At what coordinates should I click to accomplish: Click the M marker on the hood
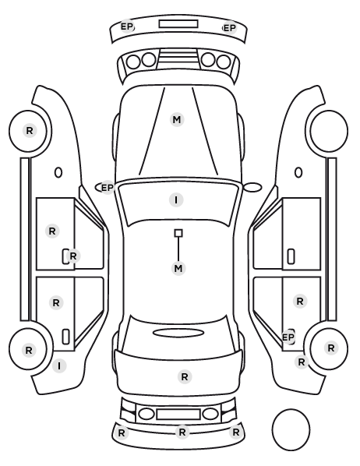coord(177,119)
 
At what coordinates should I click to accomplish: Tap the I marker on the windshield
coord(176,199)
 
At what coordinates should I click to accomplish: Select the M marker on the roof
coord(178,268)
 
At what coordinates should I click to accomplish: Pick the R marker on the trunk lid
coord(185,377)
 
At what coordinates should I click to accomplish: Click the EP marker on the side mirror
coord(108,188)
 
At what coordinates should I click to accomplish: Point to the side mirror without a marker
coord(252,187)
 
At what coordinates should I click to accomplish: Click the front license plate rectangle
coord(178,24)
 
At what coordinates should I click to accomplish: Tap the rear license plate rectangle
coord(178,415)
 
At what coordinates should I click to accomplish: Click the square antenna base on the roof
coord(178,233)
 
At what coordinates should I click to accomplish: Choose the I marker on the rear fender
coord(59,365)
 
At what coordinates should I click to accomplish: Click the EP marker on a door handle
coord(288,337)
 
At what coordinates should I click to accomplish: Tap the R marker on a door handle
coord(72,256)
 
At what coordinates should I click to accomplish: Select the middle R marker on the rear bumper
coord(182,432)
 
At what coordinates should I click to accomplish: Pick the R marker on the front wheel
coord(30,130)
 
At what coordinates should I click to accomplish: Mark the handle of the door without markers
coord(291,256)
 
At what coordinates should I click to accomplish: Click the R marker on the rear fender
coord(302,362)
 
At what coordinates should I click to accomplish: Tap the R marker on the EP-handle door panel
coord(300,302)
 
